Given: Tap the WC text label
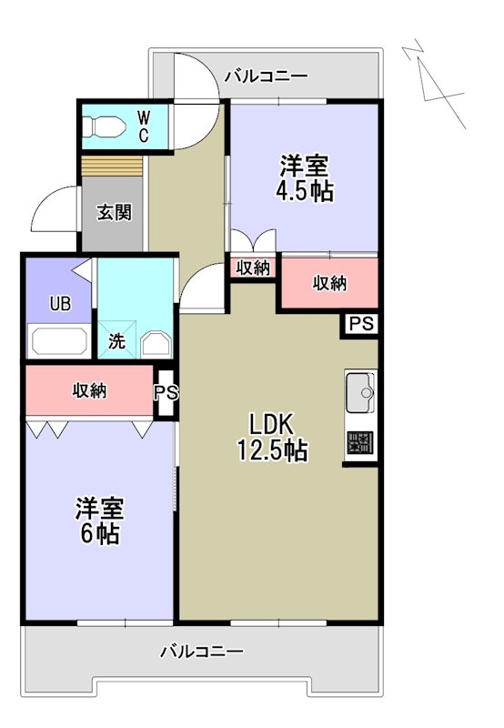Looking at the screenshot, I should (x=144, y=126).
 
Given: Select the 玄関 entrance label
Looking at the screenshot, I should (x=115, y=213).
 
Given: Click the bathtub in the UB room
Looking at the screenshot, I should (x=60, y=343).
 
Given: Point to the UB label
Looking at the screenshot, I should (x=59, y=303).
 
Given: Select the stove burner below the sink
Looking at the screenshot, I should (x=360, y=443).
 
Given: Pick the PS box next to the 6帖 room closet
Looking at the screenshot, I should (x=165, y=393).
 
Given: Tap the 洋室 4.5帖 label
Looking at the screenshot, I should (x=304, y=178).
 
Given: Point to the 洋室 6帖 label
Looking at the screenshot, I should (x=98, y=521).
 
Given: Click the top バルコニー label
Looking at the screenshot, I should (x=266, y=76).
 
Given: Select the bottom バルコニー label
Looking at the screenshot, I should (x=202, y=652).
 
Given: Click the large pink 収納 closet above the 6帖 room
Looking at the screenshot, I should (x=89, y=390).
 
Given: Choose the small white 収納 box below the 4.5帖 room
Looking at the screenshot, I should (x=253, y=268).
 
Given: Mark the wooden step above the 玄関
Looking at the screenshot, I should (x=114, y=167).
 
